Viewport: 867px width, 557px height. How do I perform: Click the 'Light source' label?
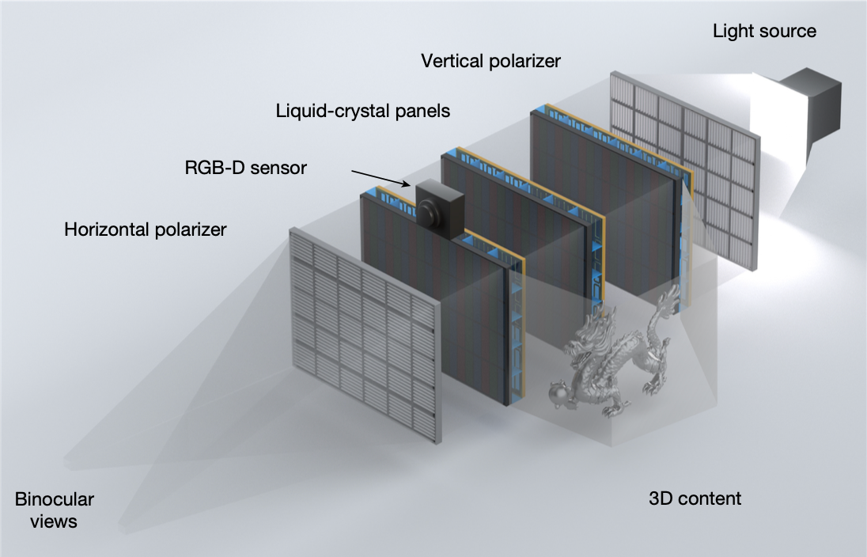764,32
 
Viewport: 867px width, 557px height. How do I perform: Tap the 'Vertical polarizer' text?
490,61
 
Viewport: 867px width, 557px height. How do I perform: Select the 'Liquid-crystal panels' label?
363,111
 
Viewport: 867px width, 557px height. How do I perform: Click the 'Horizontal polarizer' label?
146,229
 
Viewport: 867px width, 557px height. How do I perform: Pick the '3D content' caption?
695,498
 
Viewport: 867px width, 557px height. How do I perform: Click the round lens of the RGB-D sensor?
428,212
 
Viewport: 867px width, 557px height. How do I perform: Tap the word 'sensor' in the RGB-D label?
279,167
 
